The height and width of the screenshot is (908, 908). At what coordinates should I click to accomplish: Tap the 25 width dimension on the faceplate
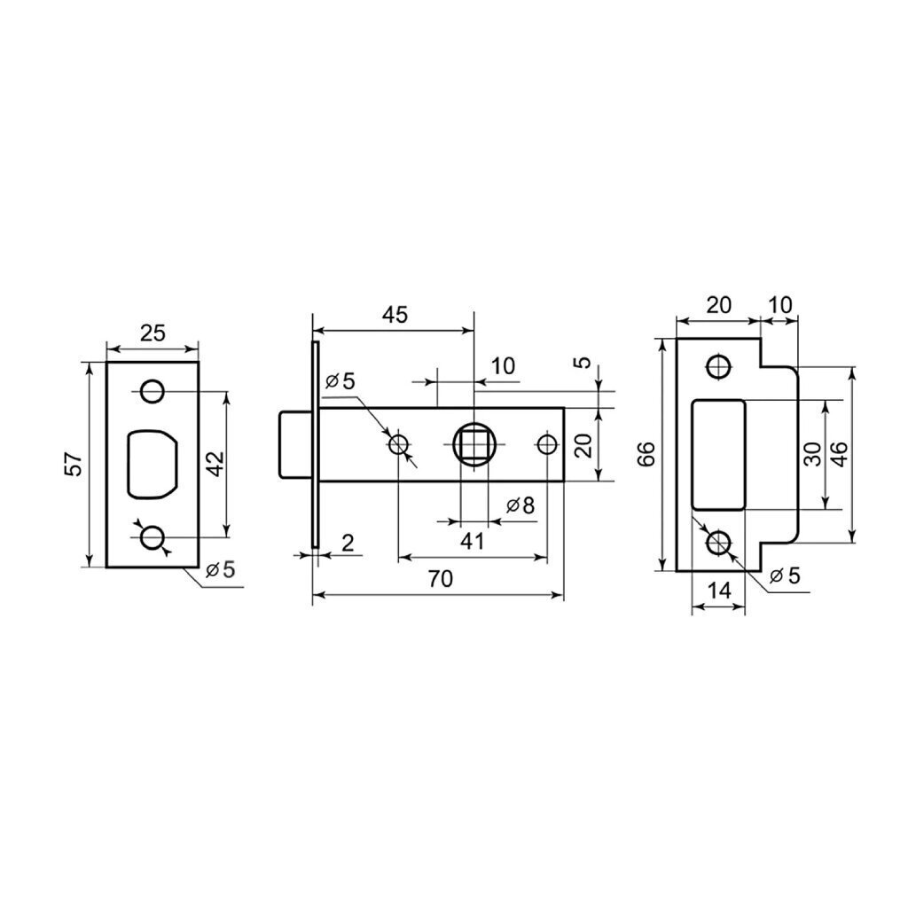tap(153, 333)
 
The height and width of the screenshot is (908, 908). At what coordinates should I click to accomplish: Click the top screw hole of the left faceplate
tap(153, 391)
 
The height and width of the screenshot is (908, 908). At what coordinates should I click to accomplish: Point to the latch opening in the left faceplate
tap(153, 463)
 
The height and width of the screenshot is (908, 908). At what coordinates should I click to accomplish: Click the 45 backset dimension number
tap(395, 315)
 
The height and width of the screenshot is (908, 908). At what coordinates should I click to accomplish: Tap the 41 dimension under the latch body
tap(472, 542)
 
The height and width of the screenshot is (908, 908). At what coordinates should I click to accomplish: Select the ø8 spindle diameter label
tap(520, 505)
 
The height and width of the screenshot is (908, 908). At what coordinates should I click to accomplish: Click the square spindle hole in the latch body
tap(474, 445)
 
